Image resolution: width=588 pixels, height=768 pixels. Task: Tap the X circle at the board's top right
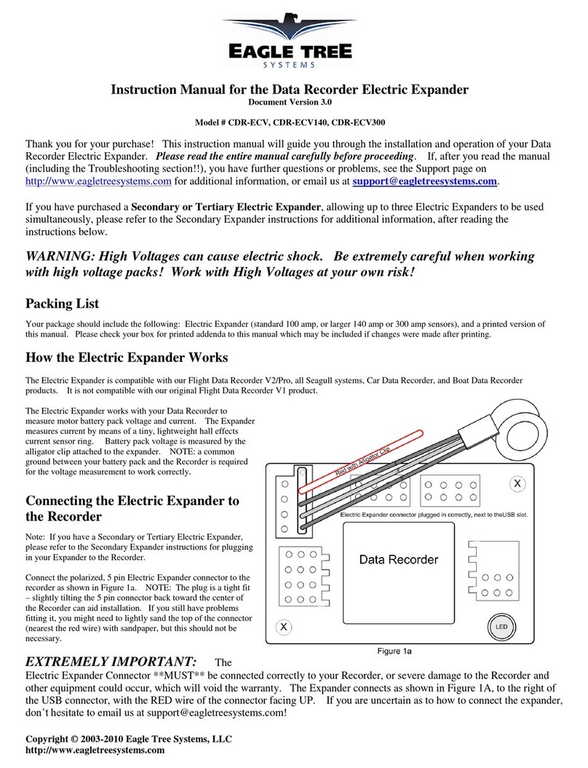click(517, 483)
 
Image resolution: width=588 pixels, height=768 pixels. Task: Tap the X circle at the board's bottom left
click(284, 626)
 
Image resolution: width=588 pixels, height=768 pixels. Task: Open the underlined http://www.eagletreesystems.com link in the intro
click(98, 181)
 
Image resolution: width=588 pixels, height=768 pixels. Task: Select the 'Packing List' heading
click(62, 303)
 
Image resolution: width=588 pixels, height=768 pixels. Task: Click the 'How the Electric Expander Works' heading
click(127, 358)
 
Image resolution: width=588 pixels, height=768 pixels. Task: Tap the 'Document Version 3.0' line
click(293, 102)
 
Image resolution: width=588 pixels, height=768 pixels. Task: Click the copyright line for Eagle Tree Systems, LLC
click(129, 739)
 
